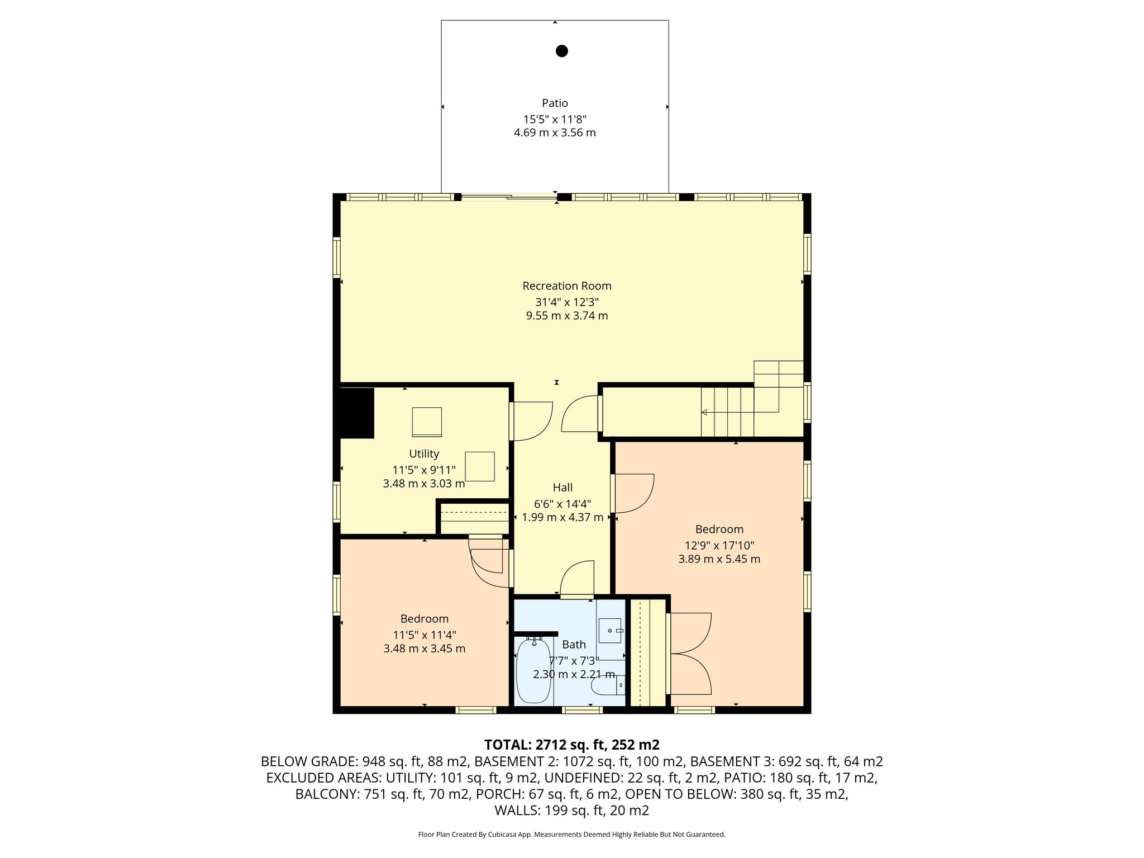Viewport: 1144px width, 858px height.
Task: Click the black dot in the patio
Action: click(x=561, y=51)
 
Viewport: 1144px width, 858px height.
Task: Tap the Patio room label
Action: click(x=555, y=103)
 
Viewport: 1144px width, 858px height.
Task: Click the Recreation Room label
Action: click(x=566, y=285)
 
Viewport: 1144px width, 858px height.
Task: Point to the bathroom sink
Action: click(x=610, y=630)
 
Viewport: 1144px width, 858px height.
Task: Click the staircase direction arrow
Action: click(x=705, y=412)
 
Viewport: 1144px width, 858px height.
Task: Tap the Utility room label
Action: click(x=424, y=454)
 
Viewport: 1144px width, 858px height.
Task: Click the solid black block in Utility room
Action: click(x=356, y=413)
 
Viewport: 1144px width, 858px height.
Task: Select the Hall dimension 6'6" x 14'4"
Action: click(x=563, y=503)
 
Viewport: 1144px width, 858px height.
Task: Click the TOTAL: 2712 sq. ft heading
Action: click(x=571, y=745)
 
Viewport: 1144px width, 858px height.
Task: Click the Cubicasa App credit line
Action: click(x=571, y=835)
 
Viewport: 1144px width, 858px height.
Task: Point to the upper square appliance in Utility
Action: click(x=427, y=422)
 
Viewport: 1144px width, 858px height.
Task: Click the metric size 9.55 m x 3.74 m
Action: click(x=566, y=316)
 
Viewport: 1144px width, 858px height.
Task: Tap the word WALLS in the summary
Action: click(x=513, y=811)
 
